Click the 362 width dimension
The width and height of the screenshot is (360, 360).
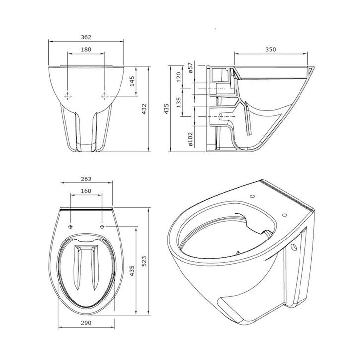[x=86, y=37]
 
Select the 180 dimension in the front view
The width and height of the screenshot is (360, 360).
[x=86, y=49]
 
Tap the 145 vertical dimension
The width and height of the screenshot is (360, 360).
[x=132, y=81]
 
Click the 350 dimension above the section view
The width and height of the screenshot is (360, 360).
[x=270, y=49]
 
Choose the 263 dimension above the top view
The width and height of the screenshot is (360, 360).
[x=85, y=179]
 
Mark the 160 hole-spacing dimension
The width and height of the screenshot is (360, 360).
[x=85, y=191]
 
